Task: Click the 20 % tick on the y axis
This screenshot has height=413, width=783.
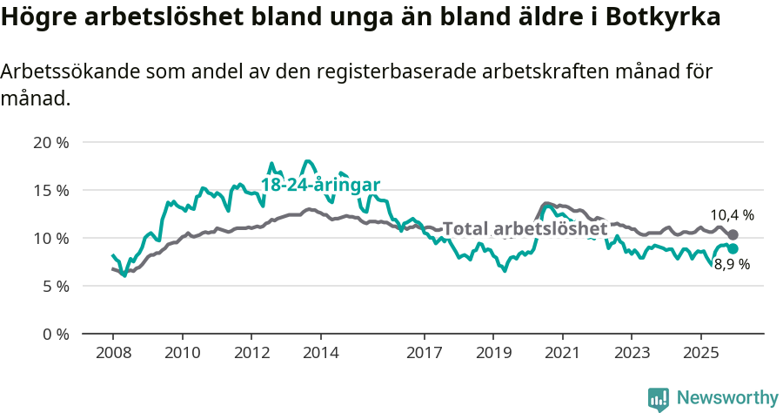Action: point(51,142)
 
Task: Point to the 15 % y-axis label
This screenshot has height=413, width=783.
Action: point(51,190)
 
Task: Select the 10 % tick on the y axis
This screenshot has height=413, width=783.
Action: point(51,238)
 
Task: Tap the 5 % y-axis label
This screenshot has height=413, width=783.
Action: point(55,286)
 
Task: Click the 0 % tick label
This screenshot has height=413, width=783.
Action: point(55,334)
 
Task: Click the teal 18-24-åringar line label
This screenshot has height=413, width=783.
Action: point(320,185)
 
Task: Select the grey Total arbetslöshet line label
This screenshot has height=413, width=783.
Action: point(525,228)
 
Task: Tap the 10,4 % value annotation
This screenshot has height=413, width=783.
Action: point(732,214)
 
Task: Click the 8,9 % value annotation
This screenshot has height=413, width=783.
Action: point(732,265)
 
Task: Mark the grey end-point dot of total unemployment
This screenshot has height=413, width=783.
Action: point(733,234)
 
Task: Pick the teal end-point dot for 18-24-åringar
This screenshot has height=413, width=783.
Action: point(733,248)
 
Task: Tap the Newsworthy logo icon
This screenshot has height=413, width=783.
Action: point(659,398)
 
